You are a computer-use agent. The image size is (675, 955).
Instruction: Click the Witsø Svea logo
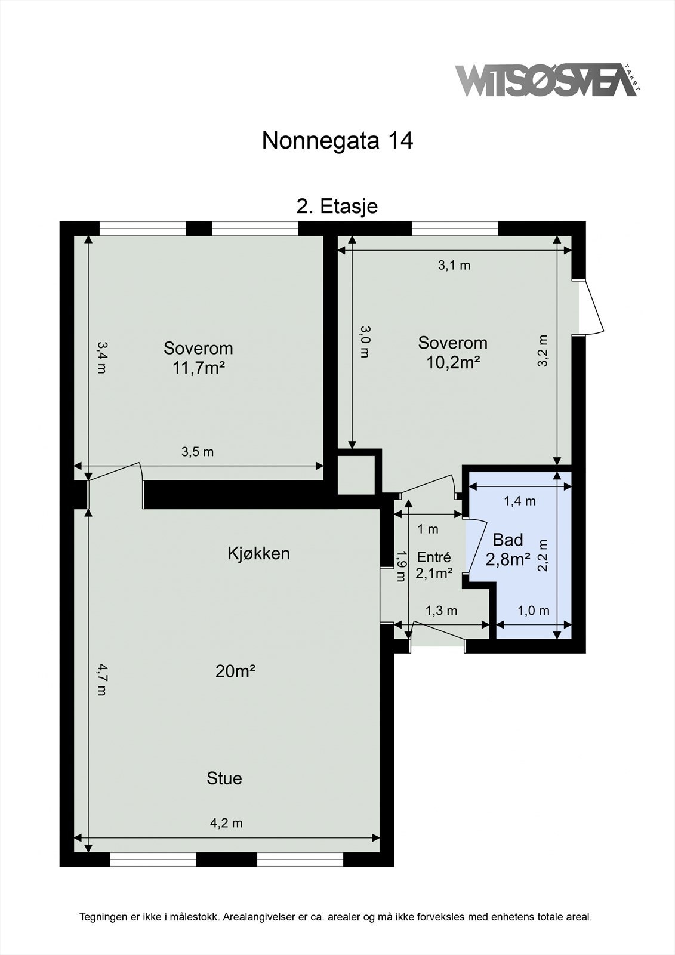[546, 81]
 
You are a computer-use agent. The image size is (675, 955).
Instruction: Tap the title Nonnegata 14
[337, 141]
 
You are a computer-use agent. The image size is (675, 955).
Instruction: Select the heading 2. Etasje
[337, 207]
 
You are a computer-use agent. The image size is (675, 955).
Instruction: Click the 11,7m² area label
[198, 368]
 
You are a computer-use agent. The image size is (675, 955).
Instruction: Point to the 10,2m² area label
[453, 362]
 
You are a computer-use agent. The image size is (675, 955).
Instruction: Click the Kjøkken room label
[258, 553]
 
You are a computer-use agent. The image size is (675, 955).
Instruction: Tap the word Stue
[224, 778]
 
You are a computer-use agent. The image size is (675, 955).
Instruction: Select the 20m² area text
[235, 671]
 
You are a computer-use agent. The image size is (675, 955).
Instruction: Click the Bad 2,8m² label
[508, 550]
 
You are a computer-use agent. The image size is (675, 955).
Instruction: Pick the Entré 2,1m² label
[434, 566]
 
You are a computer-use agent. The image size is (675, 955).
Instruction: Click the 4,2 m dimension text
[226, 823]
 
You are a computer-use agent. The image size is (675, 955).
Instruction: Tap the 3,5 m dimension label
[197, 452]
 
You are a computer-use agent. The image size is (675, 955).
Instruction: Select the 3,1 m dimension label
[454, 266]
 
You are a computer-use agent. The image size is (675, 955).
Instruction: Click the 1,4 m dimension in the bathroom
[520, 501]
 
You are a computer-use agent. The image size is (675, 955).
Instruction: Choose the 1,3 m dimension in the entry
[441, 611]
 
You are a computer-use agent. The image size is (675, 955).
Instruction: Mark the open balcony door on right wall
[593, 308]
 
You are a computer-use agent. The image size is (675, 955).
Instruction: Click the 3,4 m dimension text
[101, 357]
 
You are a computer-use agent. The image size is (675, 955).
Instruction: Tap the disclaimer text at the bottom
[335, 917]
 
